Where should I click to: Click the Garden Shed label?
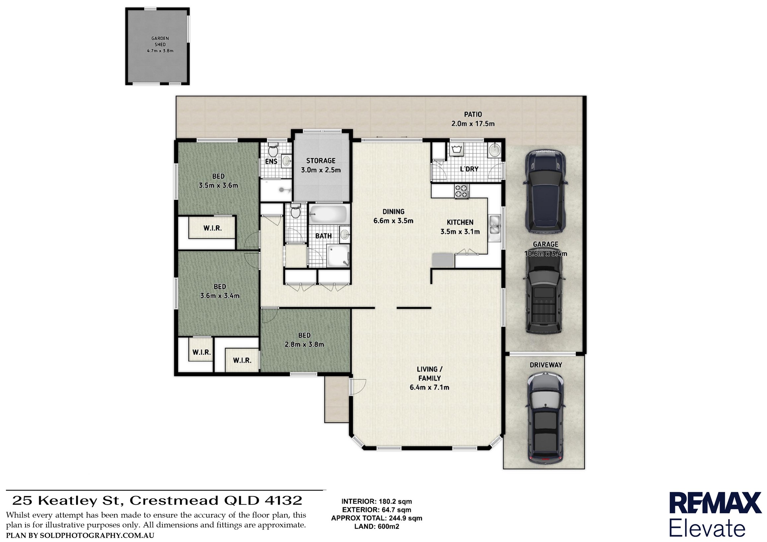(x=160, y=41)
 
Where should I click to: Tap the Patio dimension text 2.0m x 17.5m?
(x=473, y=124)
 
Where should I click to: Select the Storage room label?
(x=321, y=161)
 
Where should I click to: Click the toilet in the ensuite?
(x=273, y=151)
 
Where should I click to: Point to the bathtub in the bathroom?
(x=328, y=214)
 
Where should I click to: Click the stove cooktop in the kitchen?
(x=462, y=192)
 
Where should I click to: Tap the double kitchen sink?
(x=495, y=225)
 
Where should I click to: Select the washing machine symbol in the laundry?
(x=456, y=151)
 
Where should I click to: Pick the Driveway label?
(x=545, y=365)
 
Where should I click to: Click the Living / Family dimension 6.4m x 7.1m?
(x=429, y=387)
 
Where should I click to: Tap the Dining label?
(x=393, y=211)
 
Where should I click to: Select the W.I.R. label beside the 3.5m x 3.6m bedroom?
(x=212, y=228)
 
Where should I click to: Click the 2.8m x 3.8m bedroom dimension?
(x=304, y=344)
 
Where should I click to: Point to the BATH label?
(x=323, y=236)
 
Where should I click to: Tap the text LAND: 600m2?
(x=377, y=526)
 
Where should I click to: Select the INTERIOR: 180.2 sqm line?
(x=377, y=501)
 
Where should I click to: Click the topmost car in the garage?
(x=545, y=191)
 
